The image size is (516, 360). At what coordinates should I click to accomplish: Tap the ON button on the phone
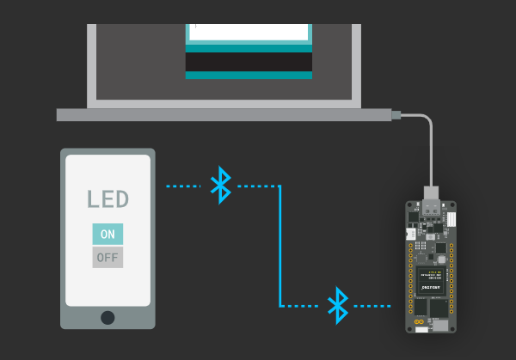[107, 234]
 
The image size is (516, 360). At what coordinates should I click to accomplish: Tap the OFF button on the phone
[107, 257]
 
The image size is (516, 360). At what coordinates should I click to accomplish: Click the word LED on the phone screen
[107, 199]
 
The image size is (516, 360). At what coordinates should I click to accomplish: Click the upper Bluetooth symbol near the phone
[222, 185]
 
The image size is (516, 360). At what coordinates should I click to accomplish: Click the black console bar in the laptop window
[249, 62]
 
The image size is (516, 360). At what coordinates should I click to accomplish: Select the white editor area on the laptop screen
[249, 32]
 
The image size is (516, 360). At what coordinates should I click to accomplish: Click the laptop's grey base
[224, 114]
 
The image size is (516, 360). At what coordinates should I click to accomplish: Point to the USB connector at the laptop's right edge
[395, 114]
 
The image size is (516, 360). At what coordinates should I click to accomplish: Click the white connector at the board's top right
[451, 219]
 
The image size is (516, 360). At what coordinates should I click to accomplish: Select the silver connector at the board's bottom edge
[440, 326]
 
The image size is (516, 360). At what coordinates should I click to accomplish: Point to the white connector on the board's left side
[411, 234]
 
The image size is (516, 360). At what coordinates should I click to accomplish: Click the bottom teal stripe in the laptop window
[249, 76]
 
